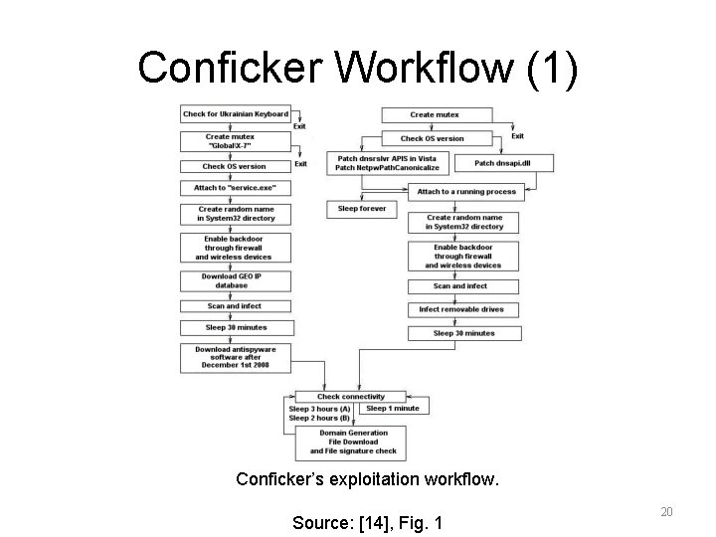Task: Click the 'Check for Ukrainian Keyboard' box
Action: point(236,114)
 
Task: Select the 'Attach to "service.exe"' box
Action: point(236,188)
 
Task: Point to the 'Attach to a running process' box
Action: point(465,191)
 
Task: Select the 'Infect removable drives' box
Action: point(461,309)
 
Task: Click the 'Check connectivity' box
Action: point(349,397)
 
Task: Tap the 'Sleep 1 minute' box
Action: point(393,408)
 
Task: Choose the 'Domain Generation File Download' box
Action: point(354,442)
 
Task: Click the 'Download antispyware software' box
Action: point(236,357)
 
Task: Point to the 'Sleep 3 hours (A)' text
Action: point(319,409)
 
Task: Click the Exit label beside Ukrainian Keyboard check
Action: point(299,127)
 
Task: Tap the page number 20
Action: point(666,511)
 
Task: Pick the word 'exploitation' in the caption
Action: point(368,479)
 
